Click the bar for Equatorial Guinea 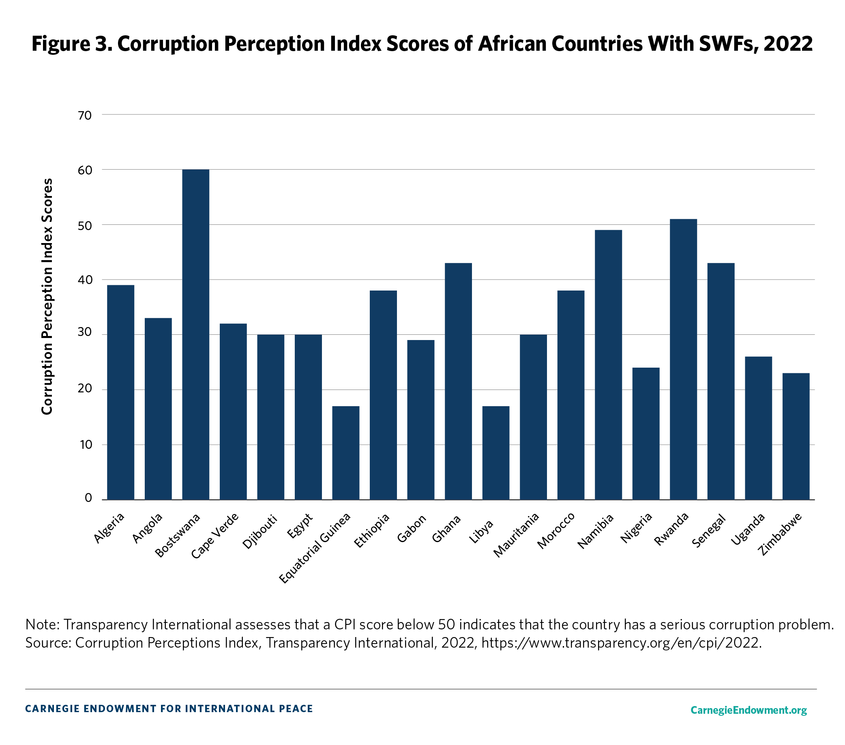[x=345, y=452]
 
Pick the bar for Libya [x=495, y=452]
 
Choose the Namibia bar [x=608, y=364]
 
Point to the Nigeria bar [x=646, y=433]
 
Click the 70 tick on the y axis [x=85, y=115]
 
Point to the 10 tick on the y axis [x=86, y=445]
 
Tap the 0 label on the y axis [x=88, y=497]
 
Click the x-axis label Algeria [x=109, y=528]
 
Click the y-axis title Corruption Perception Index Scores [x=47, y=296]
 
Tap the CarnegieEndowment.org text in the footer [x=748, y=710]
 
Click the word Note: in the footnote [x=42, y=624]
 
